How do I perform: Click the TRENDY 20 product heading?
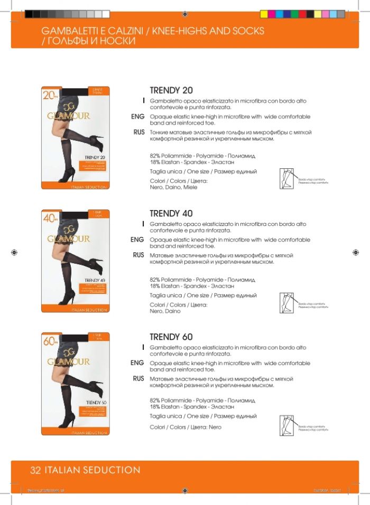pyautogui.click(x=171, y=90)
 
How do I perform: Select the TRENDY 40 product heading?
pyautogui.click(x=171, y=214)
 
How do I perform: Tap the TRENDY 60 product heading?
pyautogui.click(x=171, y=337)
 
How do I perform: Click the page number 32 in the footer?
pyautogui.click(x=36, y=470)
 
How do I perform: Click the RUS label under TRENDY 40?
pyautogui.click(x=138, y=255)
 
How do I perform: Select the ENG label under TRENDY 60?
pyautogui.click(x=137, y=363)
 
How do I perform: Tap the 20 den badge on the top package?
pyautogui.click(x=51, y=96)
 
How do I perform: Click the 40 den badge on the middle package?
pyautogui.click(x=51, y=219)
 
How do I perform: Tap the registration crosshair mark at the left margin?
pyautogui.click(x=14, y=252)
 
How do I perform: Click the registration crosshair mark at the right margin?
pyautogui.click(x=355, y=252)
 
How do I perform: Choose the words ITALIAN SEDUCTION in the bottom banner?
pyautogui.click(x=92, y=470)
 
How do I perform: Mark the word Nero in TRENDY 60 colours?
pyautogui.click(x=215, y=427)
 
